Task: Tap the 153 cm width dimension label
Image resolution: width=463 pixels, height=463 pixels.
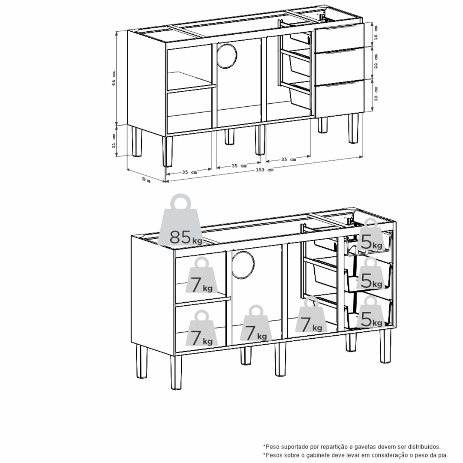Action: coord(264,170)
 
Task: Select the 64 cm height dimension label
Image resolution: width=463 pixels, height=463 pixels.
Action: coord(114,78)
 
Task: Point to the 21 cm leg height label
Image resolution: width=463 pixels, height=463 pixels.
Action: coord(114,141)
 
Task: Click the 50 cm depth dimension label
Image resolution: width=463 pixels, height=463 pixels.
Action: coord(146,180)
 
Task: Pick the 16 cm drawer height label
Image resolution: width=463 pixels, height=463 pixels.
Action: coord(376,33)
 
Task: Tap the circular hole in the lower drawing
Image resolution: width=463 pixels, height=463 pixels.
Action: coord(243,265)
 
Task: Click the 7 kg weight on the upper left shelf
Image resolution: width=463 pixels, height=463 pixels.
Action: coord(201,276)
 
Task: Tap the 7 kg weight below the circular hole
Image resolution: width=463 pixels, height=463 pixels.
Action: coord(256,323)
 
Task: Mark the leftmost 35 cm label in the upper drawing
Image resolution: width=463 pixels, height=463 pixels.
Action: coord(189,172)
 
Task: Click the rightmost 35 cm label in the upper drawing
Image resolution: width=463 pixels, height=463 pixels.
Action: coord(288,159)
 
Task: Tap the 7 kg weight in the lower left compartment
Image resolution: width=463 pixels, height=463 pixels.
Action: coord(201,328)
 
